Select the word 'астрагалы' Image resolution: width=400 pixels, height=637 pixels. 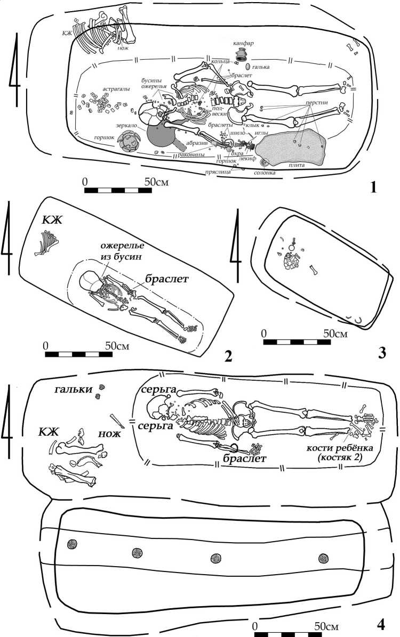click(x=106, y=91)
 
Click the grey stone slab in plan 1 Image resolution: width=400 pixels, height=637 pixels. click(x=291, y=149)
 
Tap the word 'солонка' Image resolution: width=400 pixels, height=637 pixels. click(x=265, y=173)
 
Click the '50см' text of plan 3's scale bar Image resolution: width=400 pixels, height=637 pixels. click(x=335, y=334)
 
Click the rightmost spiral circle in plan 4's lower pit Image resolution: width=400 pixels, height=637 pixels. click(x=322, y=558)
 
